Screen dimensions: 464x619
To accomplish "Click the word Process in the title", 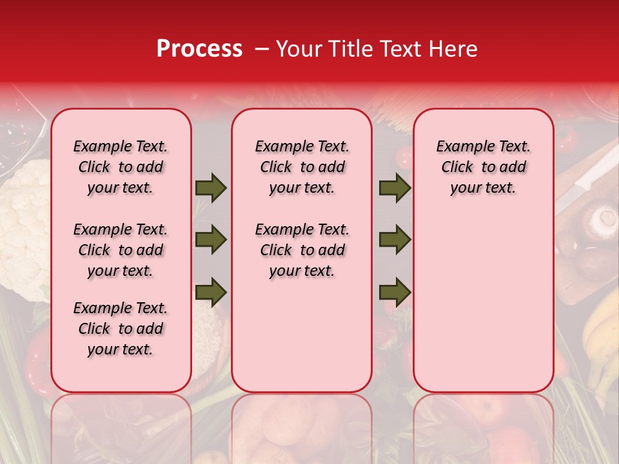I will [199, 49].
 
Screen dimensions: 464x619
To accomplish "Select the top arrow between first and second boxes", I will [211, 188].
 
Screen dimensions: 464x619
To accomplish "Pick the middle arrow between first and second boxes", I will [211, 240].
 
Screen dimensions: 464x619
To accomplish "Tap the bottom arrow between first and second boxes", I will [211, 293].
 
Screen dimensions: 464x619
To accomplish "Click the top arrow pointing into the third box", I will [395, 188].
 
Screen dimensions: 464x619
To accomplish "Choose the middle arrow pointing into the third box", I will [395, 240].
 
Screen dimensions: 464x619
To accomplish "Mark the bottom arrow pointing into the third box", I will [395, 293].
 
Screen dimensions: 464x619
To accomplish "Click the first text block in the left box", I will [121, 167].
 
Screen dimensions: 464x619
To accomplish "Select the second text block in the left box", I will [121, 250].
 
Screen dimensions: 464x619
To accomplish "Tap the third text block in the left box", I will [121, 329].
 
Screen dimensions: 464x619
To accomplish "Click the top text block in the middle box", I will [302, 167].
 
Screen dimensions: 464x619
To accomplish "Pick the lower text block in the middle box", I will [302, 250].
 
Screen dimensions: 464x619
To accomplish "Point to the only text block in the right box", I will [484, 167].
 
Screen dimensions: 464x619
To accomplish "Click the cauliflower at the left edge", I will [25, 226].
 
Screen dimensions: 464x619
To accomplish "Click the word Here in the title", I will [453, 49].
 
